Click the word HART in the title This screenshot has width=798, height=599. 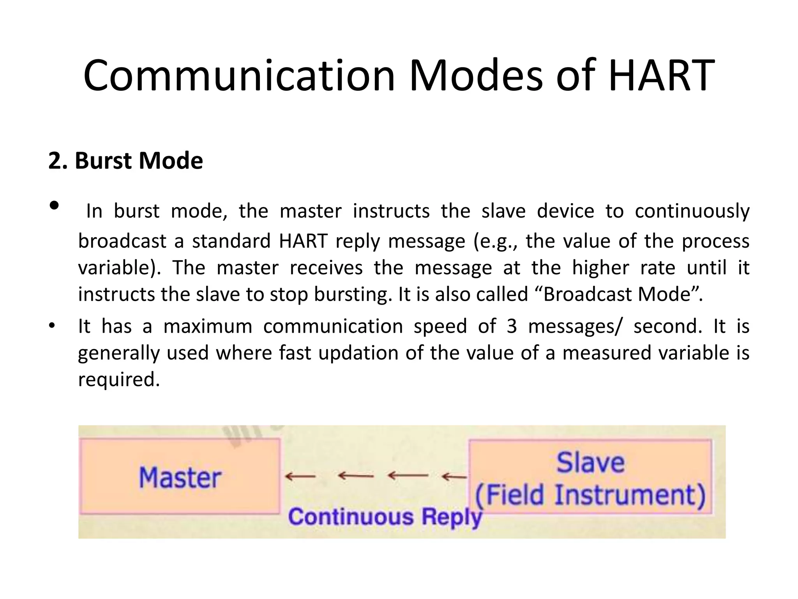tap(661, 76)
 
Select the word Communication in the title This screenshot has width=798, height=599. tap(238, 76)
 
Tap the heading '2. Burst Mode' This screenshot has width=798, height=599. tap(125, 161)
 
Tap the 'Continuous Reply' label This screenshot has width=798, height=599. tap(385, 517)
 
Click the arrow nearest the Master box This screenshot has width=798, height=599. tap(300, 476)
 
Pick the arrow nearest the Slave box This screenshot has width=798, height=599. tap(454, 476)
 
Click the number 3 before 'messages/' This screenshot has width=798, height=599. tap(512, 326)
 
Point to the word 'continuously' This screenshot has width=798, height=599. tap(692, 211)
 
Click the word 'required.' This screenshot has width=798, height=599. tap(119, 379)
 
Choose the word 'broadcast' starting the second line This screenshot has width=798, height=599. tap(122, 241)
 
